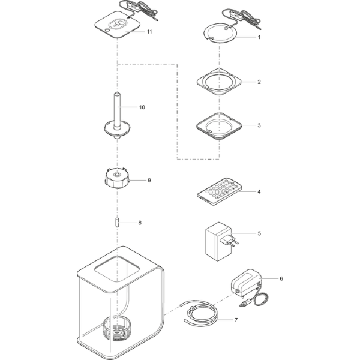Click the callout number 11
[x=149, y=32]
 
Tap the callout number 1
[x=259, y=37]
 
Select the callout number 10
[x=142, y=107]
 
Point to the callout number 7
[x=236, y=320]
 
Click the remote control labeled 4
[x=219, y=191]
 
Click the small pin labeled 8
[x=117, y=223]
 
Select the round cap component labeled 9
[x=117, y=178]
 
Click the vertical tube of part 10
[x=117, y=109]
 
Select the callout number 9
[x=149, y=180]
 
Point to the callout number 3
[x=259, y=125]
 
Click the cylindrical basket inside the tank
[x=117, y=329]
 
